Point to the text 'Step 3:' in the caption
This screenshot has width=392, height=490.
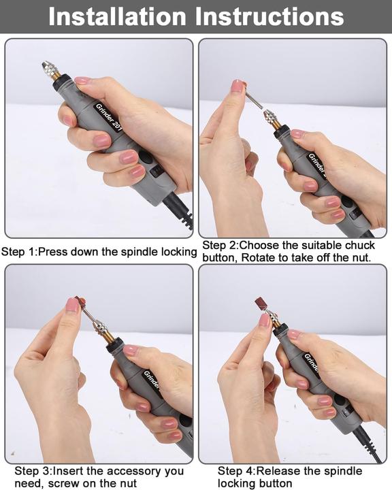(x=33, y=471)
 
